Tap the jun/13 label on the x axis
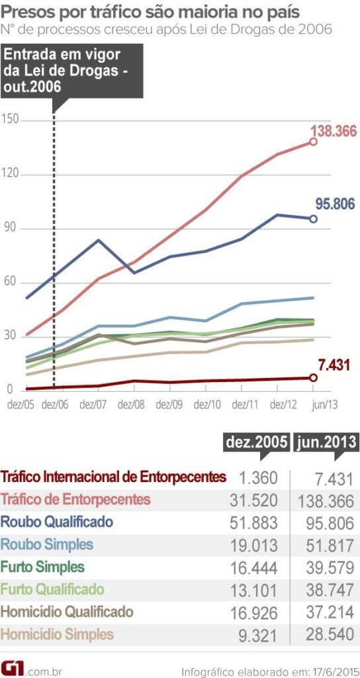pos(324,405)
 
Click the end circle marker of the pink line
pos(313,142)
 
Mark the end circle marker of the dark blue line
pos(313,218)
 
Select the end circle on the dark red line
pos(313,377)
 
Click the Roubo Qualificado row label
pos(57,522)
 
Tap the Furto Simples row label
pos(43,567)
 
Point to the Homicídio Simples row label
pos(58,634)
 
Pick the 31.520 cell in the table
pos(253,501)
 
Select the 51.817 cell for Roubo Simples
pos(330,545)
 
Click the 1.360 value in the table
pos(257,478)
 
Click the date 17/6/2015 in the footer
pos(336,672)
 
